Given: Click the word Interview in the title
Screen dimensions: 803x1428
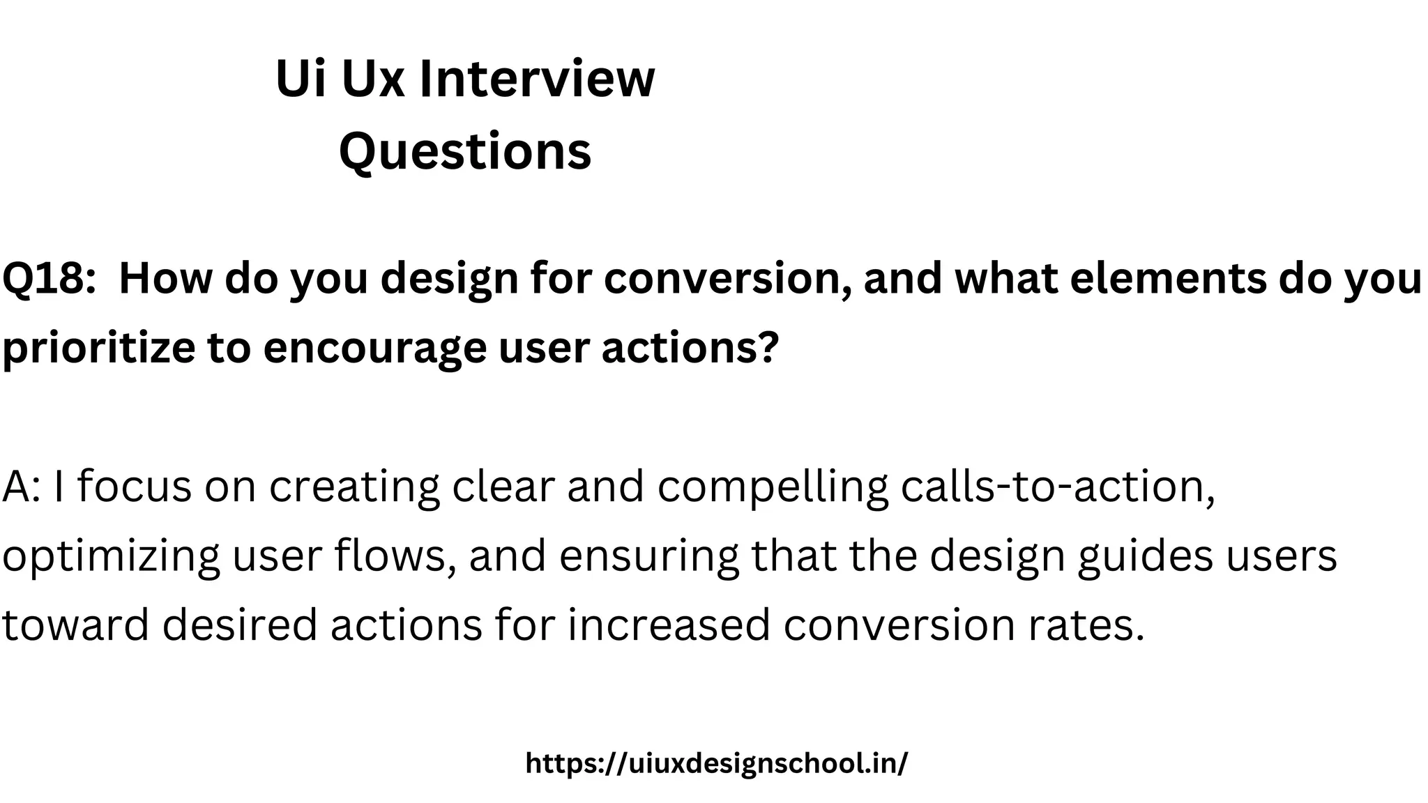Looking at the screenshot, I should (537, 78).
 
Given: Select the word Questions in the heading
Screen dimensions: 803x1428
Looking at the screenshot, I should (465, 151).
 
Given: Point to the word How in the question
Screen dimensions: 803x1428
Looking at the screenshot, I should (165, 279).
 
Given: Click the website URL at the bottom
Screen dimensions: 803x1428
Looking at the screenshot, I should (717, 763).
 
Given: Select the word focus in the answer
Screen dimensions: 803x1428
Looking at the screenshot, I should (134, 487).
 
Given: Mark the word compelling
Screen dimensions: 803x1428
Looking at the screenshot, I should (773, 487).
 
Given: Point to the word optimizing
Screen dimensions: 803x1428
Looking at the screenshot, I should (111, 556).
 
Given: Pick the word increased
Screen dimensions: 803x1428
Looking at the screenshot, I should (669, 625).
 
